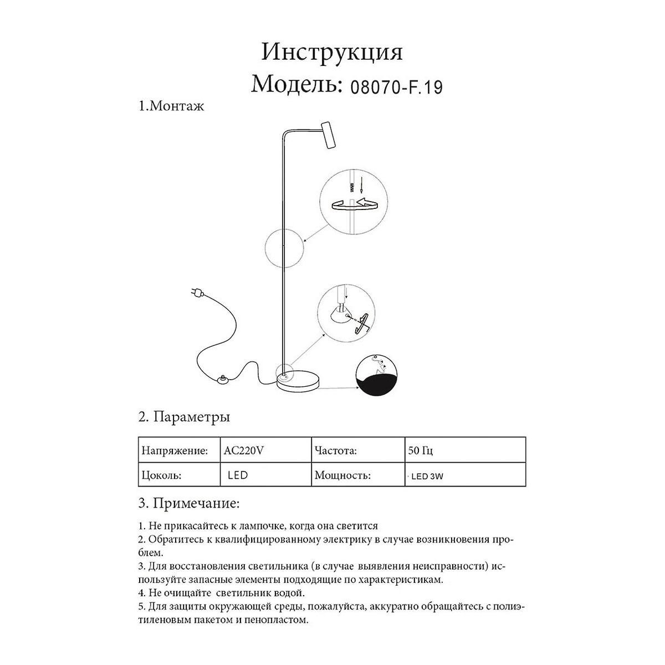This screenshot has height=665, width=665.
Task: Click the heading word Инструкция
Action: pyautogui.click(x=332, y=53)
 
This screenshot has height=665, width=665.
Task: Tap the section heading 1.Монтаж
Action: pyautogui.click(x=171, y=106)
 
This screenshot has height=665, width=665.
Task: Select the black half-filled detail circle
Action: pyautogui.click(x=377, y=375)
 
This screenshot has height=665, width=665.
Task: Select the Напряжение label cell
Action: pyautogui.click(x=175, y=451)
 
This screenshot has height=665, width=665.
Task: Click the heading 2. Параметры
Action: pyautogui.click(x=184, y=416)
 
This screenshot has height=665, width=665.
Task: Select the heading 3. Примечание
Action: pyautogui.click(x=189, y=504)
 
